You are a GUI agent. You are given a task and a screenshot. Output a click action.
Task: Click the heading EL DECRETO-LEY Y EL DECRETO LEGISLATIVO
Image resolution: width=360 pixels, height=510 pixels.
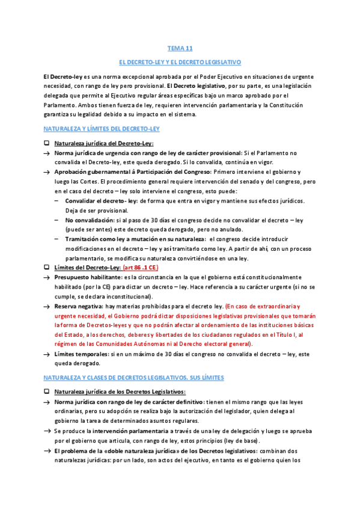[180, 62]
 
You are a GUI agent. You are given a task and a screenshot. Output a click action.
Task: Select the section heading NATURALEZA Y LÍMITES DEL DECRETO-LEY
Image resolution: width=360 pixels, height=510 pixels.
[101, 129]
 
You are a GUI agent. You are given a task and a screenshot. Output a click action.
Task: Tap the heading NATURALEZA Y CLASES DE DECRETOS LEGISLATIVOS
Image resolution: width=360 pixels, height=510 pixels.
[133, 377]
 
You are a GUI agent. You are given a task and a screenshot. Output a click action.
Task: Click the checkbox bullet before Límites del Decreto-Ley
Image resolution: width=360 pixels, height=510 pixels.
[46, 266]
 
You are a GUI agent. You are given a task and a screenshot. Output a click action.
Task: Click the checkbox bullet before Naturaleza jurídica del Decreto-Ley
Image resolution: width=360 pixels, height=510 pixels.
[46, 143]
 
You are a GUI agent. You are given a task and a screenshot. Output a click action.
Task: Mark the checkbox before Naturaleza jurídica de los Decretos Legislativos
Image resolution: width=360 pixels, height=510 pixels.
[46, 392]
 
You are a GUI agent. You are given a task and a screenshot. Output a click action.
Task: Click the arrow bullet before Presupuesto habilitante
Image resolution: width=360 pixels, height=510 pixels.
[46, 277]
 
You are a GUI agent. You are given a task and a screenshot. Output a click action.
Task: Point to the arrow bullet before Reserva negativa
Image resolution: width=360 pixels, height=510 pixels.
[46, 307]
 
